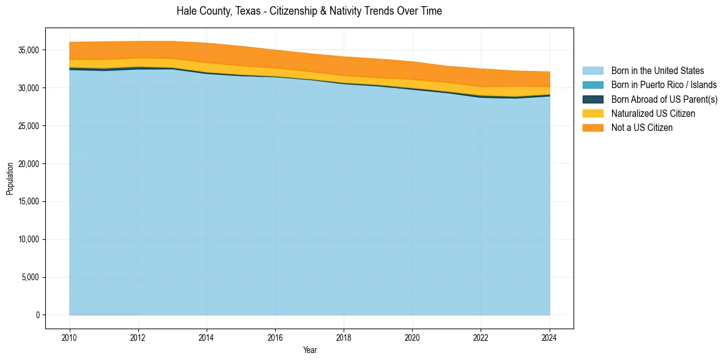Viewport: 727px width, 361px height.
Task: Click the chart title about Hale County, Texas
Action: [x=309, y=11]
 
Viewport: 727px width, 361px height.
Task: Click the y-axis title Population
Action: [x=10, y=179]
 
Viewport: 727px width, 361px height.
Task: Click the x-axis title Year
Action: [x=309, y=350]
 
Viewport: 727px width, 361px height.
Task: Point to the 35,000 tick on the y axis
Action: [x=29, y=50]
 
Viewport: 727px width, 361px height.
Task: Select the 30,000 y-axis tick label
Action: [x=29, y=88]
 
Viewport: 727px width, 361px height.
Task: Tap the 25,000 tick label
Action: [x=29, y=126]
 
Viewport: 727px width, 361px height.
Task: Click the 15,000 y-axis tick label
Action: [x=29, y=201]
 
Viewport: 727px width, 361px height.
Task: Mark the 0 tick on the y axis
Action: [x=37, y=315]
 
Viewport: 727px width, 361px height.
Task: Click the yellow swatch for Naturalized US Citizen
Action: [x=592, y=113]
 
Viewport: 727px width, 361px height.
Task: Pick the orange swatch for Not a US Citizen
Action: [x=592, y=127]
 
